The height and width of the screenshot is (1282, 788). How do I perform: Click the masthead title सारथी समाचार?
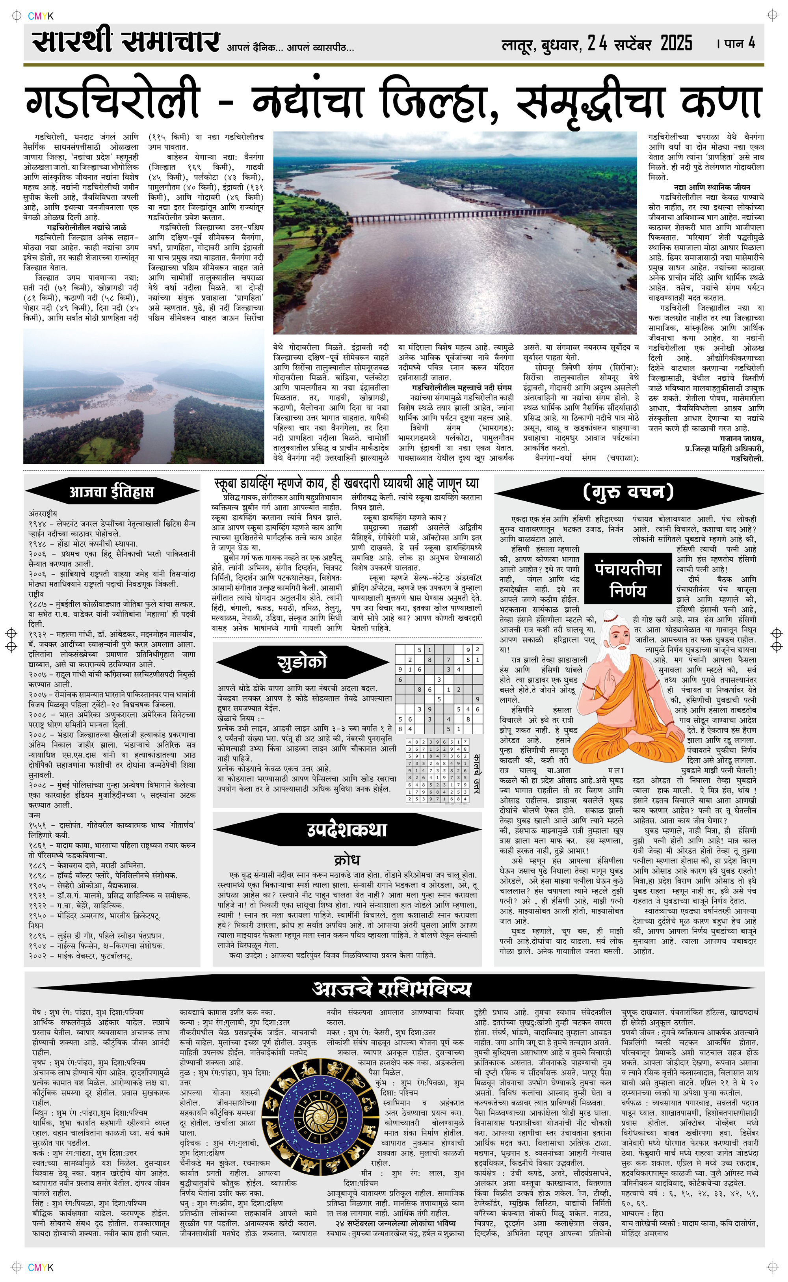pyautogui.click(x=125, y=42)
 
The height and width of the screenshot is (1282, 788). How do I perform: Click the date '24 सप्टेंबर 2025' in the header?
pyautogui.click(x=639, y=44)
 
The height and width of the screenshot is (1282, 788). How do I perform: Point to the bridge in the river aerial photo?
pyautogui.click(x=448, y=215)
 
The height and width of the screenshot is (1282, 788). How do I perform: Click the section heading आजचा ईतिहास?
pyautogui.click(x=112, y=492)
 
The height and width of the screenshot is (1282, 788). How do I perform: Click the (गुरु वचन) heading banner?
pyautogui.click(x=628, y=491)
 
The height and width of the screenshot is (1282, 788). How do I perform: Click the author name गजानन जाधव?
pyautogui.click(x=741, y=439)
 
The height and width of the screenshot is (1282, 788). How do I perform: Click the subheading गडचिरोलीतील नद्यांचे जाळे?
pyautogui.click(x=87, y=227)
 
